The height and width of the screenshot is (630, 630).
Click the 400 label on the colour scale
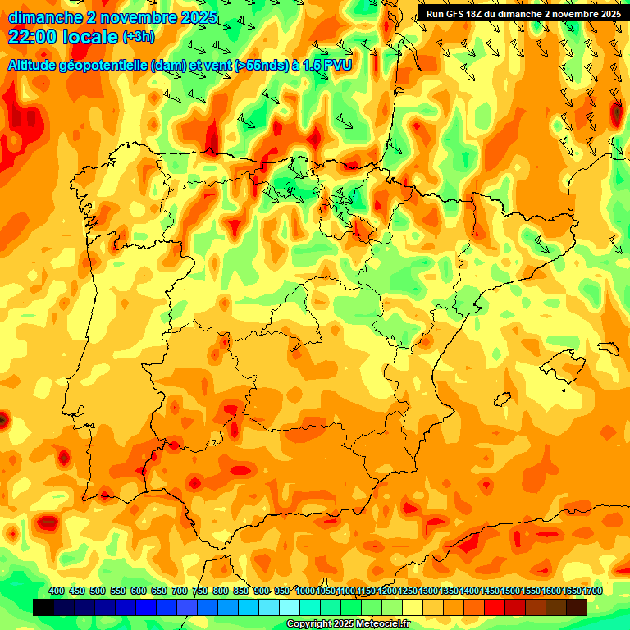click(x=57, y=591)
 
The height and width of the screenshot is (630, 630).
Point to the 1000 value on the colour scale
click(x=305, y=591)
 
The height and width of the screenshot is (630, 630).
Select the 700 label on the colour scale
click(x=180, y=591)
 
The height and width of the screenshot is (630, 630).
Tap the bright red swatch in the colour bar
click(x=495, y=607)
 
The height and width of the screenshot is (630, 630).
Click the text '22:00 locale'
click(x=62, y=36)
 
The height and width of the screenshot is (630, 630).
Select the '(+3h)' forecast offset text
click(x=137, y=37)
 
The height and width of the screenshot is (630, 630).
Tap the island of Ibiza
click(x=502, y=399)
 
